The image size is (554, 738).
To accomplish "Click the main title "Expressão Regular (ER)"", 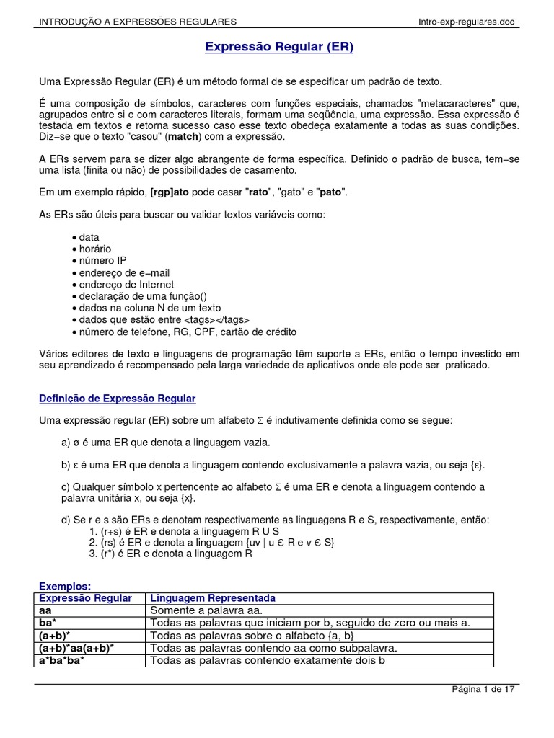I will click(x=279, y=48).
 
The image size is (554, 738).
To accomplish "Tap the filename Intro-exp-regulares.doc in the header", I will click(x=467, y=22).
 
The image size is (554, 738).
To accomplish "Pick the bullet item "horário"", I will click(x=92, y=249).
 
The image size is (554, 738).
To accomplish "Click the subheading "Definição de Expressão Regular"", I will click(x=118, y=399).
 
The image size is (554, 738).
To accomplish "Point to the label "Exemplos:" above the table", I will click(x=65, y=587).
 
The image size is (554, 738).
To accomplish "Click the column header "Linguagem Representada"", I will click(x=211, y=598).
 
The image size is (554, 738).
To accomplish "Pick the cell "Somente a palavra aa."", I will click(x=199, y=610).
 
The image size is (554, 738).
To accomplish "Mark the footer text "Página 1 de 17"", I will click(x=483, y=689).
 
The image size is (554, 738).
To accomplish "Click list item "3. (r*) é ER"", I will click(x=170, y=554).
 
